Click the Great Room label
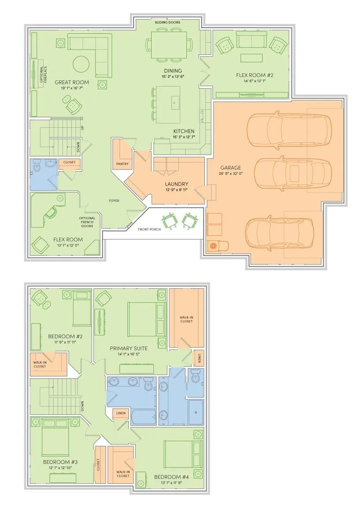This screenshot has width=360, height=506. pyautogui.click(x=72, y=82)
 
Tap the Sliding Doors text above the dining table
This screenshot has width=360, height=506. pyautogui.click(x=167, y=22)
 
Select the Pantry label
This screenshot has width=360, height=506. pyautogui.click(x=122, y=164)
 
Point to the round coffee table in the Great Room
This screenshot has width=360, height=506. pyautogui.click(x=81, y=64)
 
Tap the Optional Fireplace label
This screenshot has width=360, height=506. pyautogui.click(x=43, y=75)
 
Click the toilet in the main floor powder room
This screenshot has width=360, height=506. pyautogui.click(x=37, y=166)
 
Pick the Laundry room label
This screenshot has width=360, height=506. pyautogui.click(x=176, y=184)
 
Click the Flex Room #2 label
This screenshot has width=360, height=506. pyautogui.click(x=255, y=75)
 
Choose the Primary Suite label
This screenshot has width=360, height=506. pyautogui.click(x=128, y=348)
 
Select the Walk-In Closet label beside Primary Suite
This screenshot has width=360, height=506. pyautogui.click(x=186, y=319)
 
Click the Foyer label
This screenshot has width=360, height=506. pyautogui.click(x=114, y=201)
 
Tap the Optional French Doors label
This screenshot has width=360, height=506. pyautogui.click(x=87, y=222)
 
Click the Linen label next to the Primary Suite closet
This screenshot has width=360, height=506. pyautogui.click(x=199, y=358)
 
